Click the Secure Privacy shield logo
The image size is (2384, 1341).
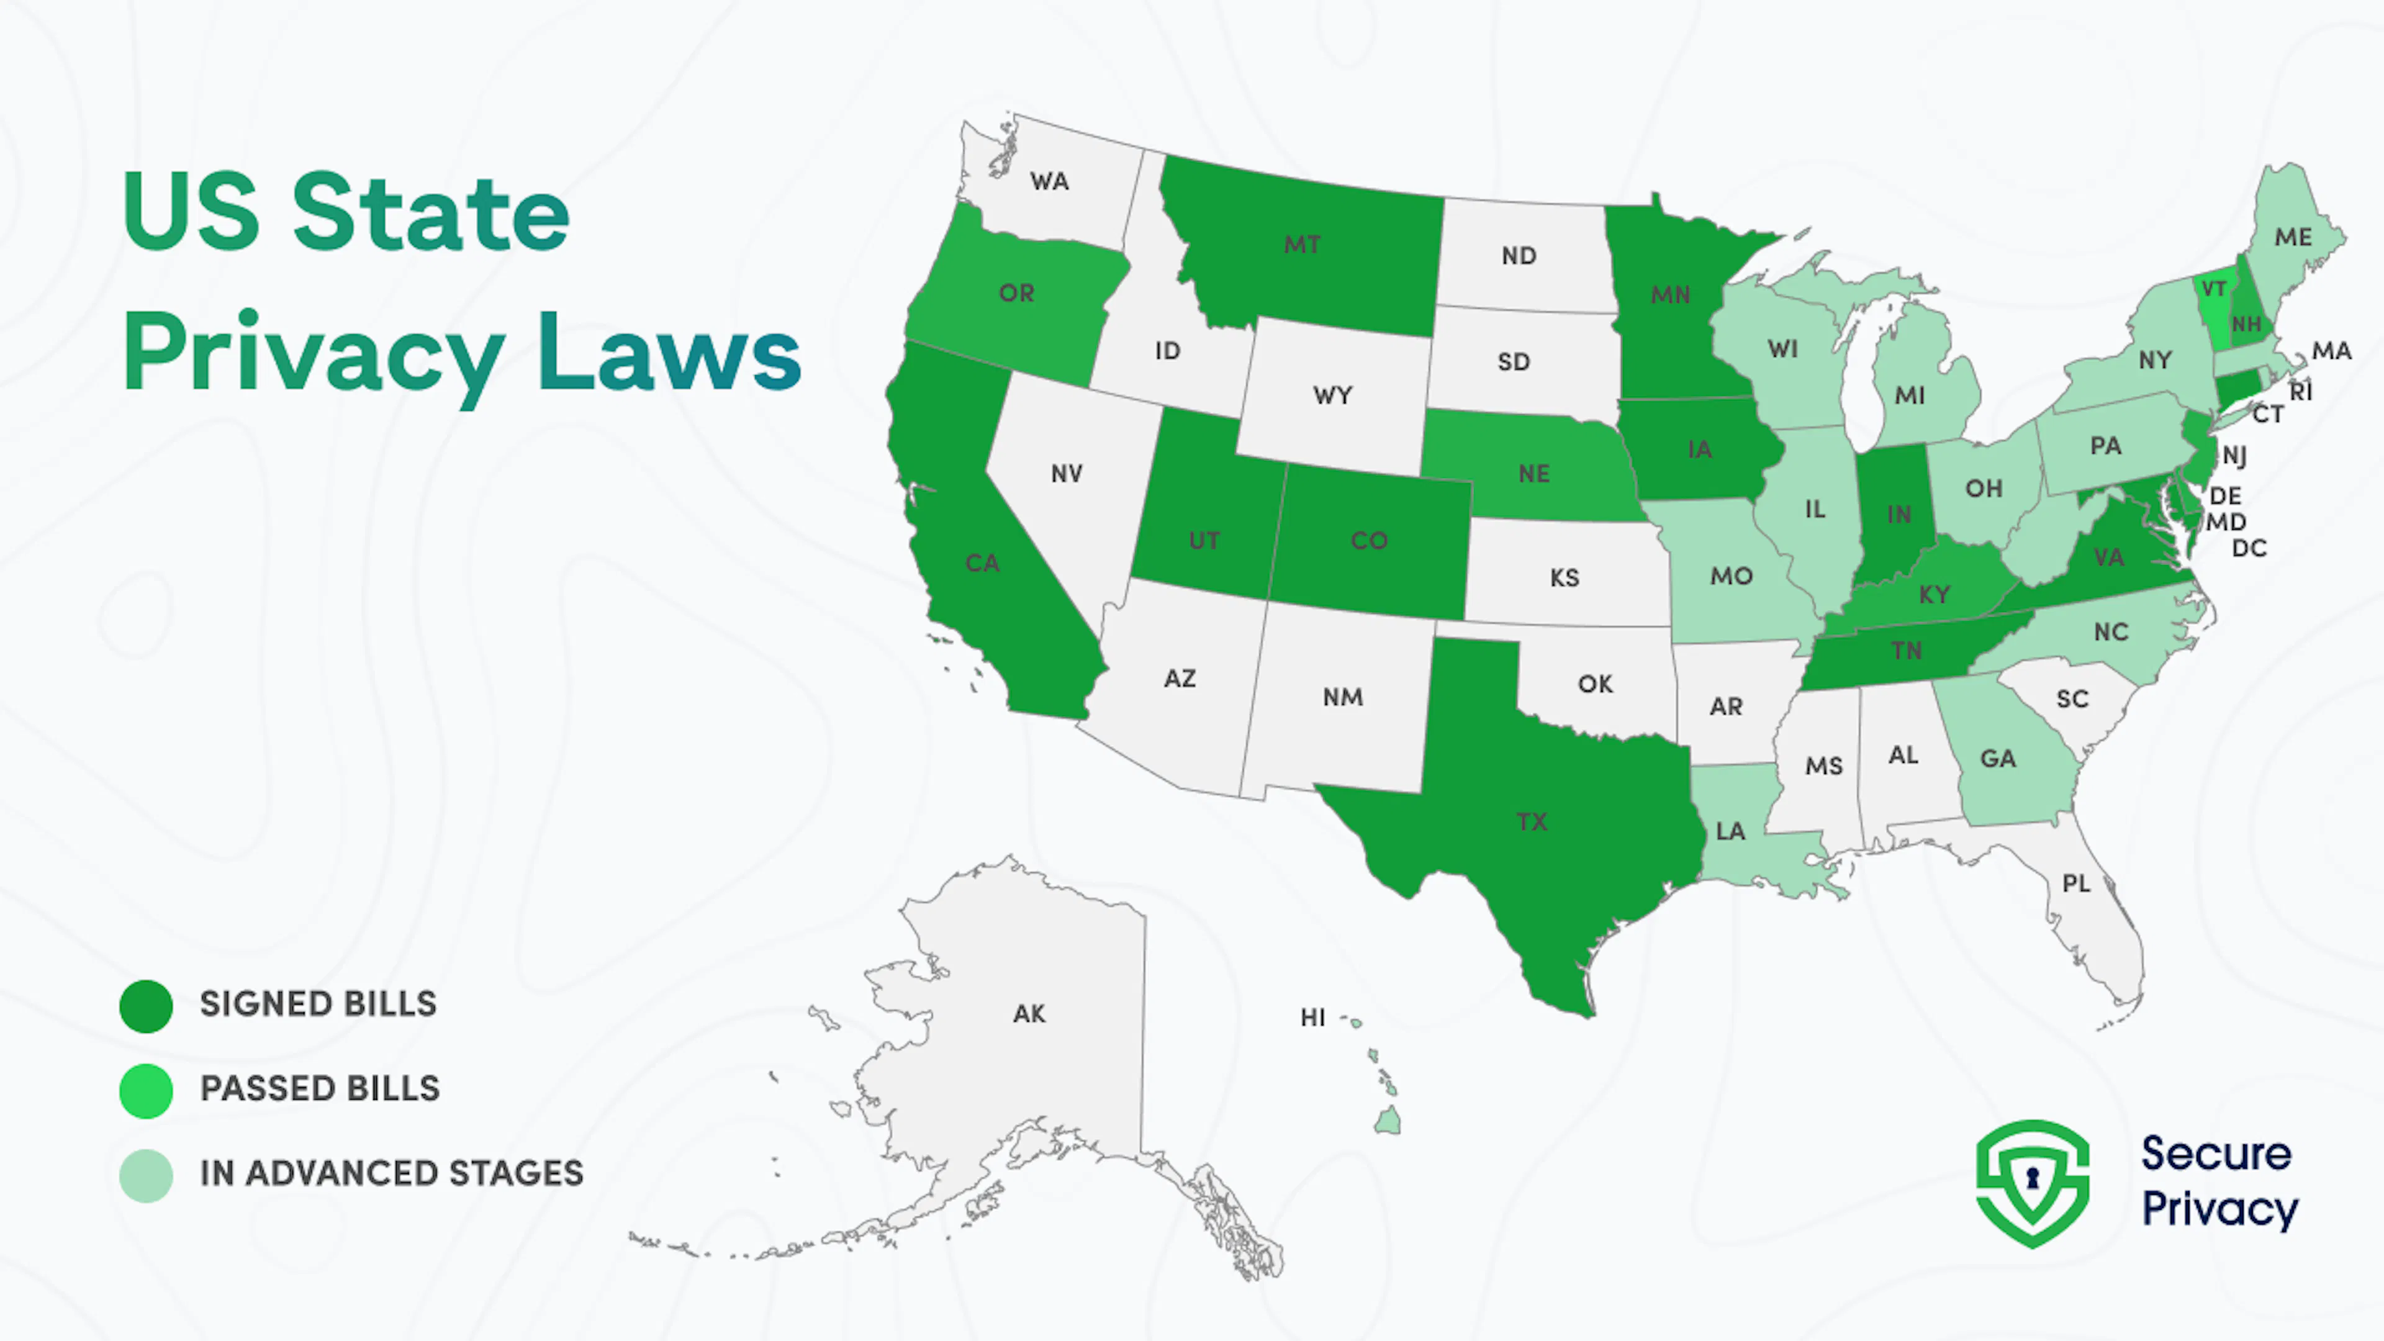click(x=2033, y=1183)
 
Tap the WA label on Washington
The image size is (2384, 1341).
click(x=1049, y=181)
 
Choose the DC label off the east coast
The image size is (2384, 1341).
click(x=2249, y=549)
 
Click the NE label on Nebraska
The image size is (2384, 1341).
click(x=1533, y=474)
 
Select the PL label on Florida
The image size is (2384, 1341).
click(x=2076, y=884)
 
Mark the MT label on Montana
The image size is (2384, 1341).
click(x=1302, y=245)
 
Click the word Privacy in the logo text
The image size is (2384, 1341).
click(x=2219, y=1209)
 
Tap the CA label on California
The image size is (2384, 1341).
click(x=982, y=562)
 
